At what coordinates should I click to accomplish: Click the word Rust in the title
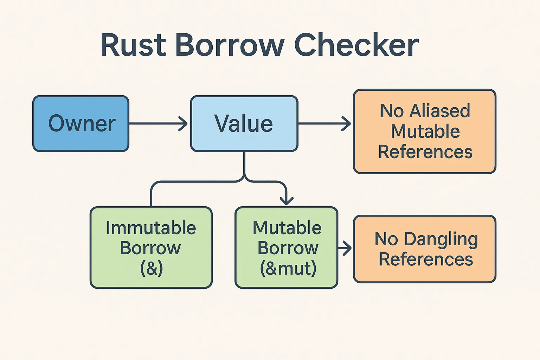[134, 45]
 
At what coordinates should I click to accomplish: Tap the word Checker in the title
[356, 45]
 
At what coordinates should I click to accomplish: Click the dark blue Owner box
[81, 124]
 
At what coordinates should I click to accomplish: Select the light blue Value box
[244, 124]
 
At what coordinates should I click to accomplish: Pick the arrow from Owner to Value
[159, 124]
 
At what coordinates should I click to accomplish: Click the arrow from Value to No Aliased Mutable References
[324, 124]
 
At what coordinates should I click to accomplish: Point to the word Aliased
[440, 111]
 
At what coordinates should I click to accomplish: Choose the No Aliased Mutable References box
[425, 131]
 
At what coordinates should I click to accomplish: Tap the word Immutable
[151, 228]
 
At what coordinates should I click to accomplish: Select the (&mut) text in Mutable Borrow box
[288, 268]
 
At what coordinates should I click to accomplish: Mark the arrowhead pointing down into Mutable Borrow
[287, 201]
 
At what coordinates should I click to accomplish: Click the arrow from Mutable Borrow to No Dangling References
[345, 248]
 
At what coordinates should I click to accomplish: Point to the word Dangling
[441, 240]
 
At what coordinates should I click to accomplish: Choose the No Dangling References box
[425, 249]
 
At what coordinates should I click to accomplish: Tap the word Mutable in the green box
[287, 228]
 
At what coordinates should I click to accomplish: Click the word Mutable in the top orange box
[425, 131]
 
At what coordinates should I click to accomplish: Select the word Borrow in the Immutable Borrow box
[150, 248]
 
